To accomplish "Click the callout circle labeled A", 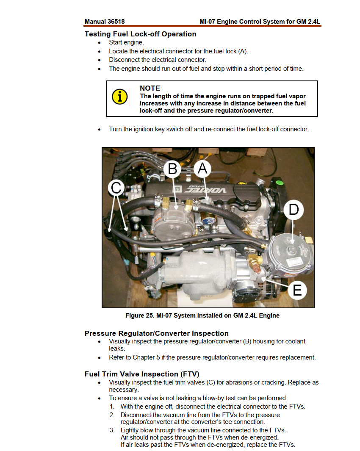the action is pos(202,168).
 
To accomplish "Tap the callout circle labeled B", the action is pos(172,169).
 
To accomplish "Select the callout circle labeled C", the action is pos(116,188).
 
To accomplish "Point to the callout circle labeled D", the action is pos(294,209).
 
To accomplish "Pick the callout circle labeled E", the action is pos(297,290).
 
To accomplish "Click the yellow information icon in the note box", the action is pos(120,97).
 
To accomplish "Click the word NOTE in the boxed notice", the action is pos(150,89).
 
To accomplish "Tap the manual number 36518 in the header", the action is pos(116,22).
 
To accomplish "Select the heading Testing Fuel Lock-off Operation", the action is pos(141,34).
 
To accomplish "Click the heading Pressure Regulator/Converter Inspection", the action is pos(157,333).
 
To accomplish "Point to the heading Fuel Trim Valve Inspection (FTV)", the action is pos(142,374).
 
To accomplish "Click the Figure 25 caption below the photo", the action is pos(202,315).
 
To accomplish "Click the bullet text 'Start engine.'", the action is pos(126,42).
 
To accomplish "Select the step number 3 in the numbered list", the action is pos(112,430).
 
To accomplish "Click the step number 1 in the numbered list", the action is pos(112,407).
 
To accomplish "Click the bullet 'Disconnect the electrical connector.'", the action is pos(158,60).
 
